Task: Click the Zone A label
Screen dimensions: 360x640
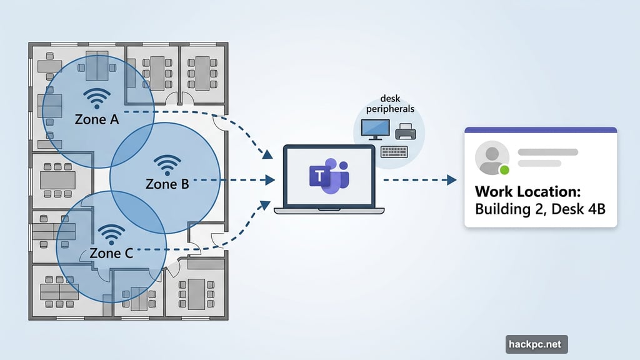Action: tap(97, 119)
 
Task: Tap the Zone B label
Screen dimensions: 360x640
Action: tap(167, 184)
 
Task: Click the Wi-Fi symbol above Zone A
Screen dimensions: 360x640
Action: tap(97, 98)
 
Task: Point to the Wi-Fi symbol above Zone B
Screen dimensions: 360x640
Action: tap(166, 164)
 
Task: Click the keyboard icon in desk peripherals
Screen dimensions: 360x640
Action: tap(394, 151)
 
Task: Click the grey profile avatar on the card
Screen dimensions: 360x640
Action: tap(491, 157)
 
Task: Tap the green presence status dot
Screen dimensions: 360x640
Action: tap(504, 169)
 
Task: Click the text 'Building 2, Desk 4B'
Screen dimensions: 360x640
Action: tap(540, 209)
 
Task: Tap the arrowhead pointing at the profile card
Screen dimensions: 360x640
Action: tap(452, 180)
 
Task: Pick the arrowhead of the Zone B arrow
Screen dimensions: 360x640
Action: tap(270, 180)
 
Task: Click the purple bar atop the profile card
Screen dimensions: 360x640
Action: tap(541, 130)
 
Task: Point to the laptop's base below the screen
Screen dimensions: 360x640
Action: tap(329, 211)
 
